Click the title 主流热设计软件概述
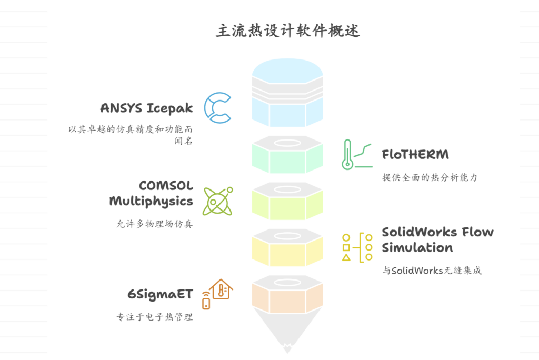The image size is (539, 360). pos(287,30)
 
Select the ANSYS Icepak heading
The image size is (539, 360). pos(146,108)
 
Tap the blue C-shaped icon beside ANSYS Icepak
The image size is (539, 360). pos(217,107)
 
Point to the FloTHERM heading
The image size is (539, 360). pos(415,155)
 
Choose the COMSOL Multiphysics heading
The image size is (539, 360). pos(152,193)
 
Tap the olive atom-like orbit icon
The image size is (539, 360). pos(217,201)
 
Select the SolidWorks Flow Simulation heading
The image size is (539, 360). pos(437,239)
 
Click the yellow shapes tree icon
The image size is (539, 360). pos(357,247)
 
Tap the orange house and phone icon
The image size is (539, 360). pos(217,294)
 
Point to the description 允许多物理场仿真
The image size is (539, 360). pos(154,224)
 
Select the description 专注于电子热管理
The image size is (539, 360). pos(154,317)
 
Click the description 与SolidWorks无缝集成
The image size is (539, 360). pos(432,271)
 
